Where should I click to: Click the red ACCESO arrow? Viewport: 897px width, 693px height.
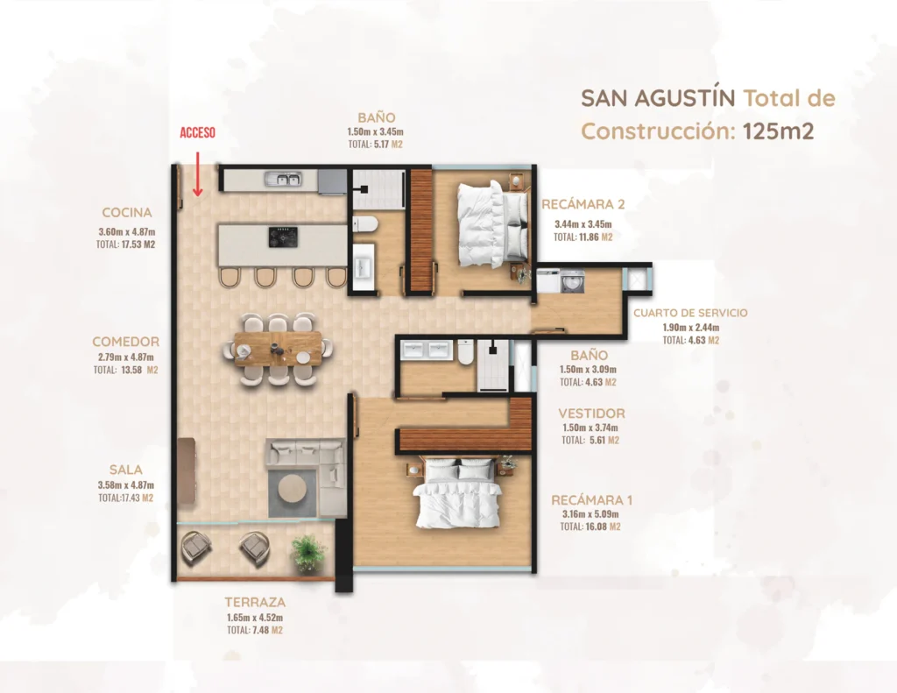point(197,174)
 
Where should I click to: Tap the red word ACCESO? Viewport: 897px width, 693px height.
point(197,133)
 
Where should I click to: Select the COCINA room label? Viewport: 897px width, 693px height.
point(127,213)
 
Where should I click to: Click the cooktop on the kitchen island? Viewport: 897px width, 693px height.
point(283,237)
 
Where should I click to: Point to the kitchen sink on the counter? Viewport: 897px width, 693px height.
point(283,180)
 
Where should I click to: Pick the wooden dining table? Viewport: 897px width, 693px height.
point(278,349)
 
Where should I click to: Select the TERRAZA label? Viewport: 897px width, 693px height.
point(255,603)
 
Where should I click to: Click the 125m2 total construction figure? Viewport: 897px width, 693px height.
point(778,131)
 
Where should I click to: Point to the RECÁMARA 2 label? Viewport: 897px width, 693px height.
point(583,204)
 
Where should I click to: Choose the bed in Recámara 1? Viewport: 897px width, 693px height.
point(456,494)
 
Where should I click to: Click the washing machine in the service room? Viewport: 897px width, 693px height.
point(573,281)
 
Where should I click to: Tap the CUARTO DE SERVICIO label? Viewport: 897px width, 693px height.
point(690,313)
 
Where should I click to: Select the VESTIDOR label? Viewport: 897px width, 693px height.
point(591,414)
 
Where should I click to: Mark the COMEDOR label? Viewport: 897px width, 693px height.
point(126,343)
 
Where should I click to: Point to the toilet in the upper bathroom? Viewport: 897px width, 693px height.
point(364,223)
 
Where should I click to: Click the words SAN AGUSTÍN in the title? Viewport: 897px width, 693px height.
point(658,98)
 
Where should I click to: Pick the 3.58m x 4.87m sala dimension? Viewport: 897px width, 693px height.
point(126,485)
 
